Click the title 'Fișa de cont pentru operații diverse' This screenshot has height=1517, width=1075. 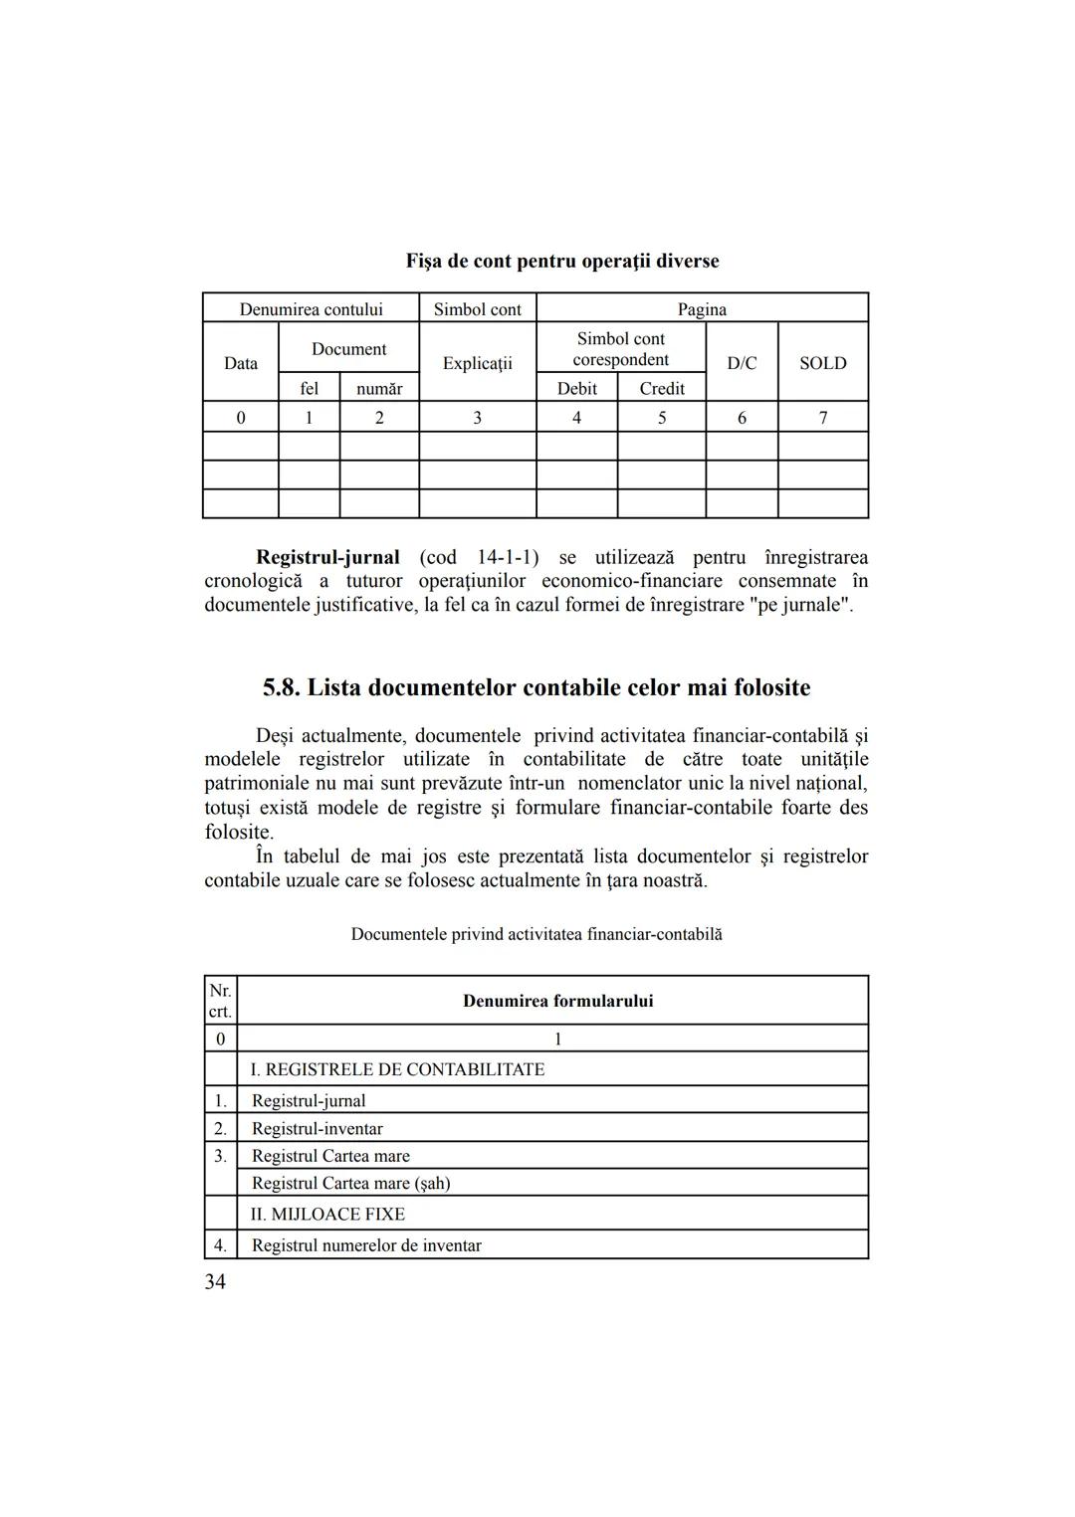561,261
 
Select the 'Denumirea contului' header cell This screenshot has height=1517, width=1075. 311,309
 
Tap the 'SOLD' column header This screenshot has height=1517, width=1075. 822,363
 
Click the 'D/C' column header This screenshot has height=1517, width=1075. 742,363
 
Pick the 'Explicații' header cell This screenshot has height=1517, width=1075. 477,363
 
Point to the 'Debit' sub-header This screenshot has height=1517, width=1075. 576,388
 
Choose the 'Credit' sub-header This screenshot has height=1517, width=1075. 661,388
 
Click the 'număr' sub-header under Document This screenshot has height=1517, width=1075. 379,388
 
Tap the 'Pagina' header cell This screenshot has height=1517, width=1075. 702,309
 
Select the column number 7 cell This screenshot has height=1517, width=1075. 822,418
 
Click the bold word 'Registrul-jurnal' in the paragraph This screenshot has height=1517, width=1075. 327,557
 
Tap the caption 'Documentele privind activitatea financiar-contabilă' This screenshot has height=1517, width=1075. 537,934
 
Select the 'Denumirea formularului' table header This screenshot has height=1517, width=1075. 557,1001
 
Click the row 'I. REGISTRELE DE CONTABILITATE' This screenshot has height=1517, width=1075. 397,1069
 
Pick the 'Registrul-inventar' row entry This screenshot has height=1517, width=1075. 317,1128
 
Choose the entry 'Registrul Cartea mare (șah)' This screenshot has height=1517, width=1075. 350,1183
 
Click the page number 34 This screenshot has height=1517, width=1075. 215,1282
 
